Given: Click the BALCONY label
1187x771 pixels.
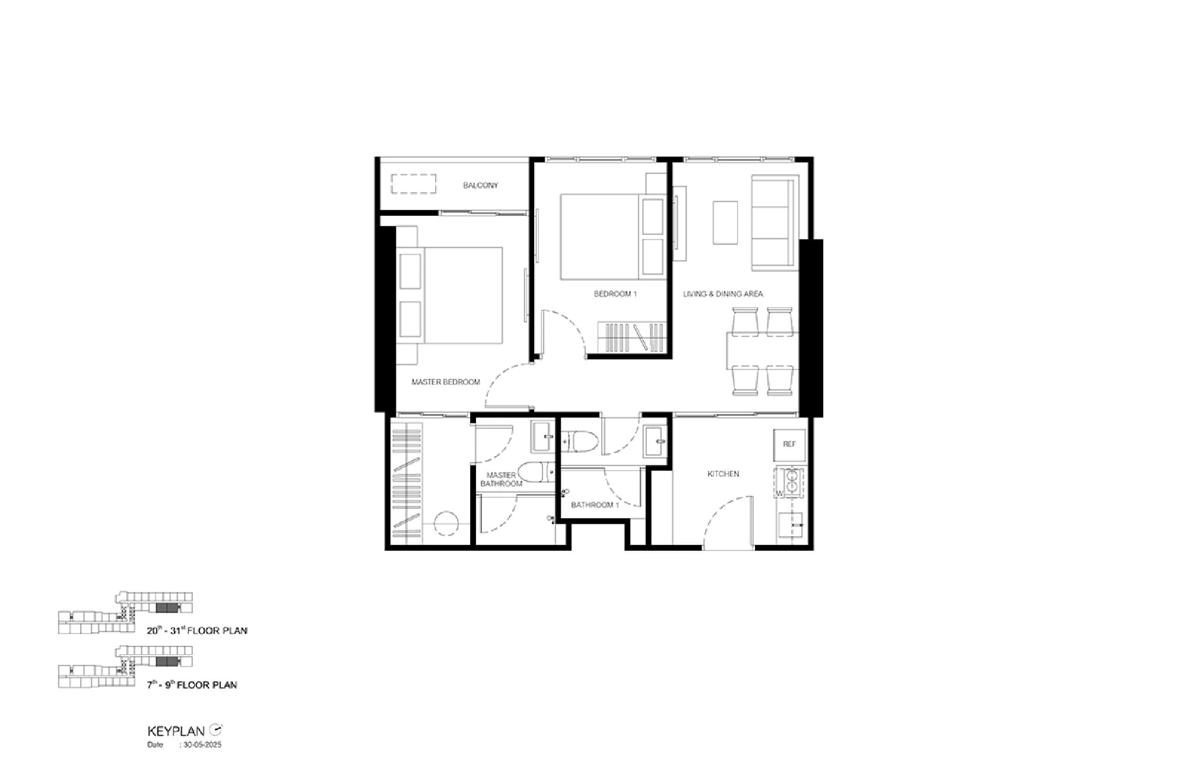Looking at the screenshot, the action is click(480, 186).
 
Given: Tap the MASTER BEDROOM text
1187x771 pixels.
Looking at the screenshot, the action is click(446, 382).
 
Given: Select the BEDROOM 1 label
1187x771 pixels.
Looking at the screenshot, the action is click(615, 294).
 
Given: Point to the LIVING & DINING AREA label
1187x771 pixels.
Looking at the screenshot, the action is click(723, 294).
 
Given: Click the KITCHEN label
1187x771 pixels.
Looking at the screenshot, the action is click(723, 474).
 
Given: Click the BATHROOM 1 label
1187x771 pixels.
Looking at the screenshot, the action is click(595, 505).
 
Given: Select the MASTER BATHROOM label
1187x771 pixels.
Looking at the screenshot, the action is click(502, 479).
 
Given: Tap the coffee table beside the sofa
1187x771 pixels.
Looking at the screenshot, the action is click(725, 223).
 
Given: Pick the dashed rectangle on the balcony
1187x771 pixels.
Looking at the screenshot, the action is click(414, 184).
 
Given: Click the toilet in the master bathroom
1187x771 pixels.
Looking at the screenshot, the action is click(536, 473).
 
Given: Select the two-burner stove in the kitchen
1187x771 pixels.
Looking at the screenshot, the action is click(791, 482).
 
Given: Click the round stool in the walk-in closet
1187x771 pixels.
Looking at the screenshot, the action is click(446, 524).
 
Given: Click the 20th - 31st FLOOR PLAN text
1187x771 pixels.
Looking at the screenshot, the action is click(197, 630).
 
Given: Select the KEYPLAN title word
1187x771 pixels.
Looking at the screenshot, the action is click(176, 731).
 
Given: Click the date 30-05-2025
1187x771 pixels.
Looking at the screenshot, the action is click(202, 745).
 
